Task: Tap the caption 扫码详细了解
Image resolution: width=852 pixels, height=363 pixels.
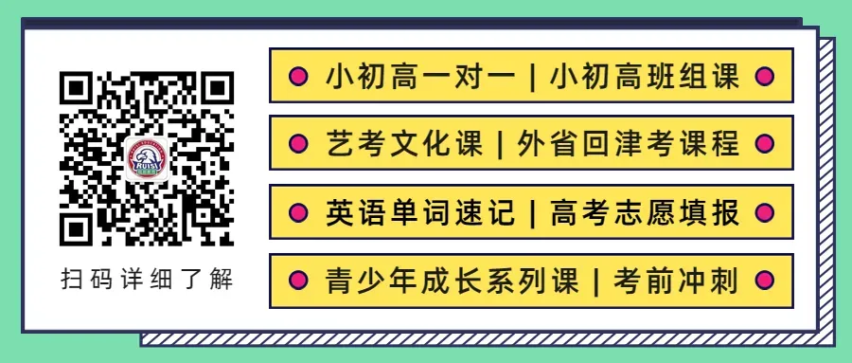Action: click(147, 281)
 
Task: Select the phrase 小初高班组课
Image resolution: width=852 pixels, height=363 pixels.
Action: click(645, 76)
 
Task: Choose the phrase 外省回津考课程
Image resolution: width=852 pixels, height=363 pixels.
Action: click(630, 144)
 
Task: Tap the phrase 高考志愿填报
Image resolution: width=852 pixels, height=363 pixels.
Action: click(645, 212)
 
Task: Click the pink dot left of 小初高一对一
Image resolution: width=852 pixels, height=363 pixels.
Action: click(297, 76)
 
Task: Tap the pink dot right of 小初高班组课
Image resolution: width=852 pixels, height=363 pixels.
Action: click(767, 76)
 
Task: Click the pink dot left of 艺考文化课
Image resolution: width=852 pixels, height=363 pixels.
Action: click(297, 144)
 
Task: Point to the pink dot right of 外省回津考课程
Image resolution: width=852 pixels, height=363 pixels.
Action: click(767, 144)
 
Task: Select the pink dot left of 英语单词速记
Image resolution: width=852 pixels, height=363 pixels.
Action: click(297, 212)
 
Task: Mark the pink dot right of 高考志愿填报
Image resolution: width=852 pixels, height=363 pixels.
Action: click(767, 212)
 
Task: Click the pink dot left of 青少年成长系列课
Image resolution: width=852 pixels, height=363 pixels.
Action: click(297, 281)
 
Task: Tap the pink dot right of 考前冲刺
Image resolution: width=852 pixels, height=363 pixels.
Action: click(767, 281)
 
